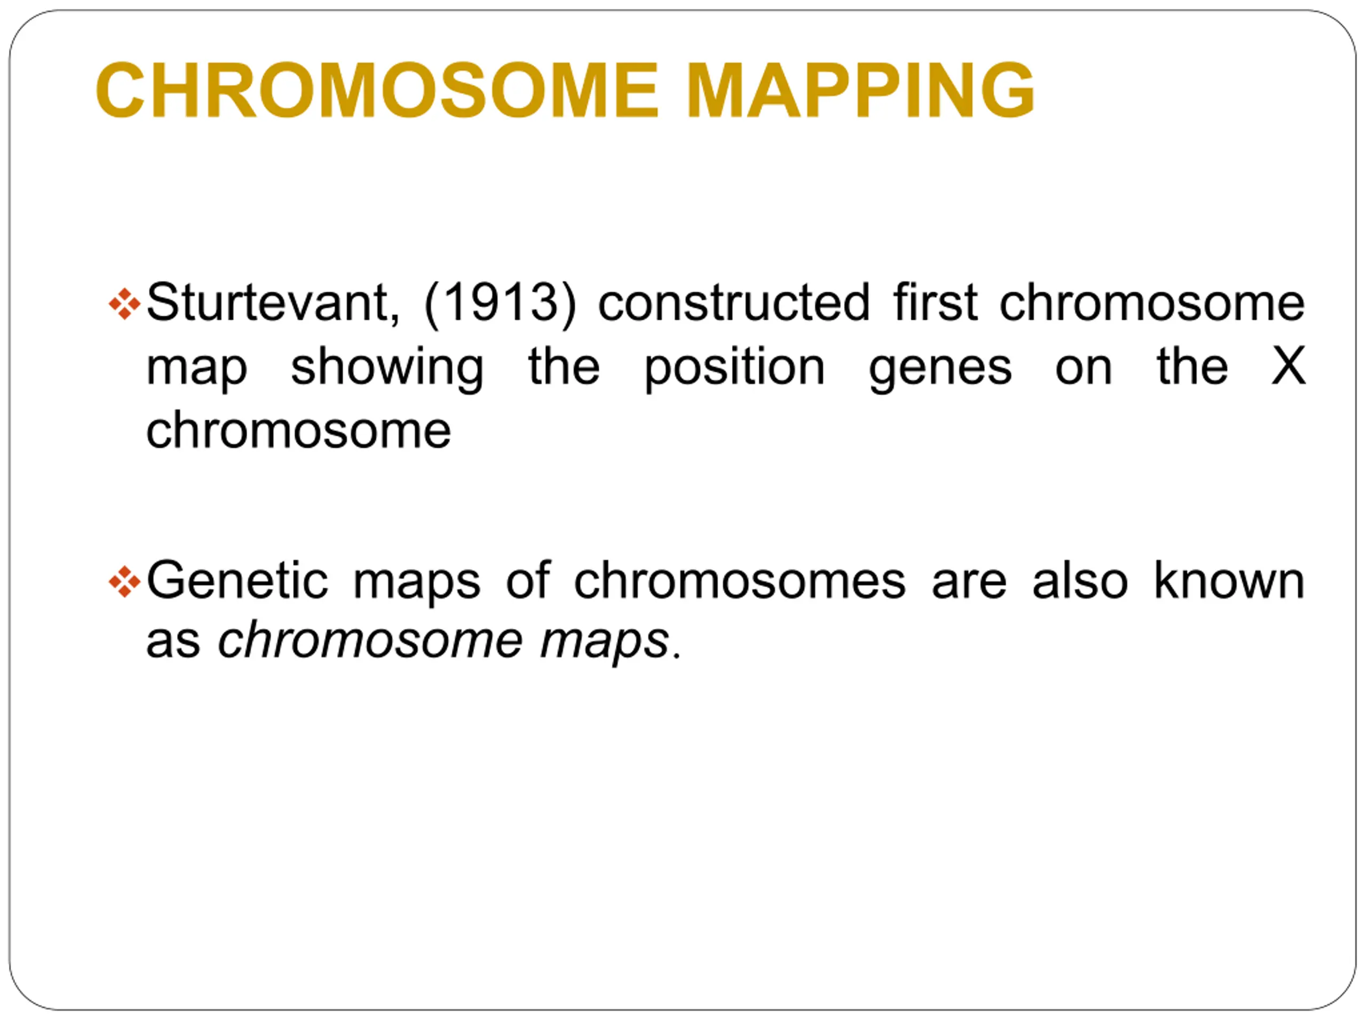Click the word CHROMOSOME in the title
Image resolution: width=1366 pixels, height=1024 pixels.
click(x=377, y=90)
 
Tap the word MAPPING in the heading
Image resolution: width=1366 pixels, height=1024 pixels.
click(x=860, y=90)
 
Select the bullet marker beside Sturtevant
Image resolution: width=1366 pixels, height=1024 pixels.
click(x=124, y=303)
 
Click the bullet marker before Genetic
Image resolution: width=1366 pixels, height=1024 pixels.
click(x=124, y=582)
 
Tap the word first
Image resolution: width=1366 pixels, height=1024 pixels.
click(x=935, y=302)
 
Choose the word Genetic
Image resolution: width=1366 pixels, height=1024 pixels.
click(x=237, y=580)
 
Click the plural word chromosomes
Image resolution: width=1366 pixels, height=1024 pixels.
click(x=740, y=580)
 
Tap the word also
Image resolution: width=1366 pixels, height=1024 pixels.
click(x=1080, y=580)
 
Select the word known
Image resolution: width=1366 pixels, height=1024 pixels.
click(x=1229, y=580)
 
